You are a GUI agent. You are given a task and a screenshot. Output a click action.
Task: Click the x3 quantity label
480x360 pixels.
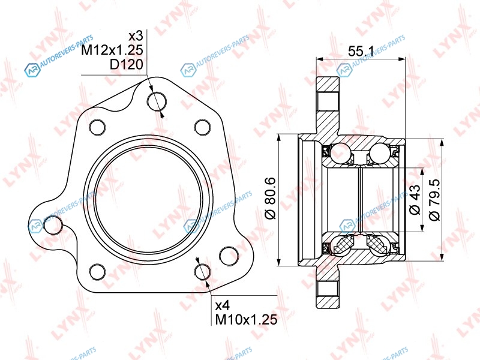[136, 36]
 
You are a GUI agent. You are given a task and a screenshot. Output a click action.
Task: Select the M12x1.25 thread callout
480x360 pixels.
[112, 50]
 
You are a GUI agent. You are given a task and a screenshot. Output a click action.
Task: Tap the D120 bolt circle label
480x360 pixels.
[127, 64]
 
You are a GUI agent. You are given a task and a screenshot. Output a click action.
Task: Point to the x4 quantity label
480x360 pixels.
[223, 305]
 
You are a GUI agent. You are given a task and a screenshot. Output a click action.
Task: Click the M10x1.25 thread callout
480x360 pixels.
[247, 320]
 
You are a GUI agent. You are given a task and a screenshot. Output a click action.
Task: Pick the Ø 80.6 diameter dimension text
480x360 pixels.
[271, 198]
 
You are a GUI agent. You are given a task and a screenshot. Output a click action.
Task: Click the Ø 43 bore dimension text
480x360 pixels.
[415, 200]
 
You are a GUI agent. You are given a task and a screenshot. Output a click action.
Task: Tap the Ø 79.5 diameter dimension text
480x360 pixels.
[434, 200]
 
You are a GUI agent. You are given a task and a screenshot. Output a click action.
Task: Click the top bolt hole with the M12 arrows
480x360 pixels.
[157, 101]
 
